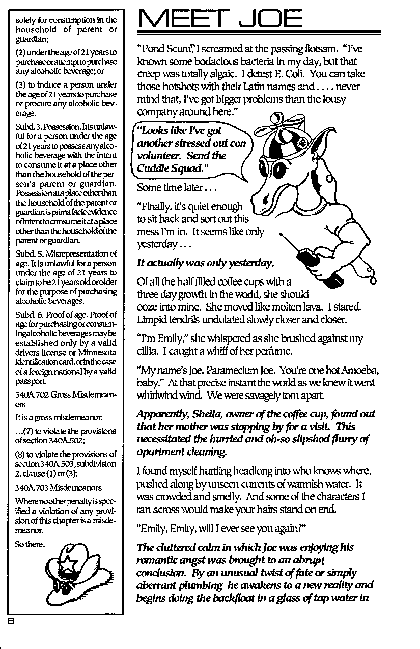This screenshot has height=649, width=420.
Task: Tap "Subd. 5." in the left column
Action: pos(29,253)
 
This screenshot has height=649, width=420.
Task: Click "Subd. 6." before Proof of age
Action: pos(29,314)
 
